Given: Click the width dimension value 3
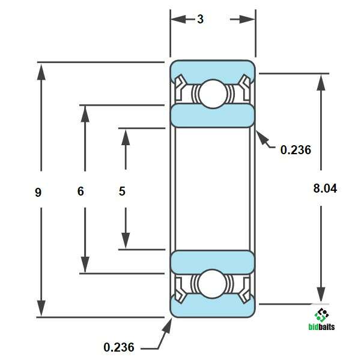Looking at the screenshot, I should pyautogui.click(x=200, y=19).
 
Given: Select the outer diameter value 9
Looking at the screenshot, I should pyautogui.click(x=38, y=192).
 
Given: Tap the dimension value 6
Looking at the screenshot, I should pyautogui.click(x=80, y=192).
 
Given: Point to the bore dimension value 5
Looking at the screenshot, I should pyautogui.click(x=122, y=192).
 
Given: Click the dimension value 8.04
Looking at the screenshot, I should pyautogui.click(x=325, y=188).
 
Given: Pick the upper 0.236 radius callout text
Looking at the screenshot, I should pyautogui.click(x=296, y=150).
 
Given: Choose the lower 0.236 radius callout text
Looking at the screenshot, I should pyautogui.click(x=119, y=347).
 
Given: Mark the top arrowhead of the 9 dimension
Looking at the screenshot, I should pyautogui.click(x=41, y=71).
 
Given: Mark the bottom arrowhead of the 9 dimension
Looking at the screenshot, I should pyautogui.click(x=41, y=308).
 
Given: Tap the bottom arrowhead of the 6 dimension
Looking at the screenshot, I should pyautogui.click(x=85, y=265).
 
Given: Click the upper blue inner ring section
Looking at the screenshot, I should pyautogui.click(x=212, y=116).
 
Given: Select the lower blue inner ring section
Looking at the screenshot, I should pyautogui.click(x=212, y=262).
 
